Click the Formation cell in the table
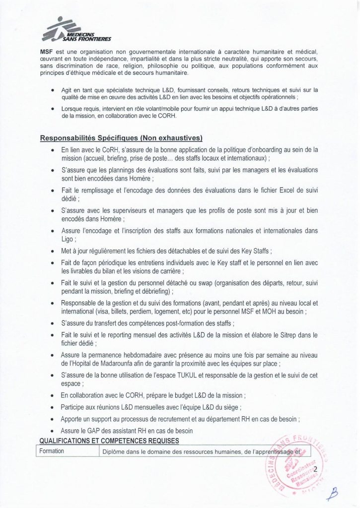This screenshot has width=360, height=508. pyautogui.click(x=53, y=451)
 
